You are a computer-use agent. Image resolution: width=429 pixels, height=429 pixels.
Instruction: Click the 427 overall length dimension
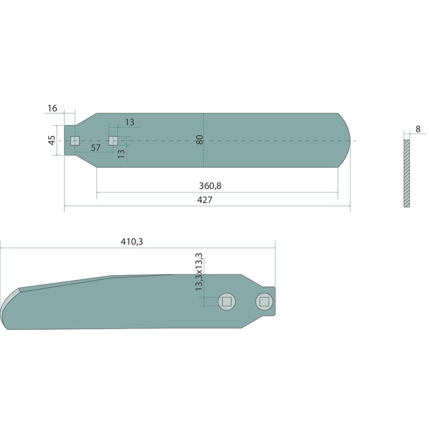[205, 200]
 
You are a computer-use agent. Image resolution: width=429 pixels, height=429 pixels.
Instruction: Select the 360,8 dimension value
[210, 186]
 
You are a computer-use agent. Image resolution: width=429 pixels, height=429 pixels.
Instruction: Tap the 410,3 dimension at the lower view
[132, 242]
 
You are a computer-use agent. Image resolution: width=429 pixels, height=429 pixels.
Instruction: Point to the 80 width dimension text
[200, 139]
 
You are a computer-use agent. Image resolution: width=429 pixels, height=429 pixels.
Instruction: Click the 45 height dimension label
[51, 140]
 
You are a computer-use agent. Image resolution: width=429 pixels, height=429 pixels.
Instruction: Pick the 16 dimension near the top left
[52, 108]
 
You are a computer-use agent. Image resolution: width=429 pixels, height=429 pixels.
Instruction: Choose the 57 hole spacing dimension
[96, 148]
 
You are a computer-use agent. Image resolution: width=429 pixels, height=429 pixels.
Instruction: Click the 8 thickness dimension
[418, 129]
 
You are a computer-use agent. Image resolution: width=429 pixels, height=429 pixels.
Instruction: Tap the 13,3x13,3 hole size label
[199, 272]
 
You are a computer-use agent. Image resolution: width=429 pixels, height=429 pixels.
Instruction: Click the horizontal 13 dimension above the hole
[130, 122]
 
